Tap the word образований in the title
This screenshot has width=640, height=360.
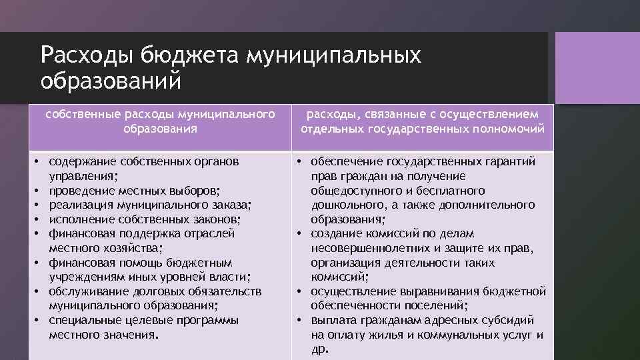110,81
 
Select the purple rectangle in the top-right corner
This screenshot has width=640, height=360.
597,67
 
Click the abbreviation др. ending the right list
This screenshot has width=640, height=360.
320,349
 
